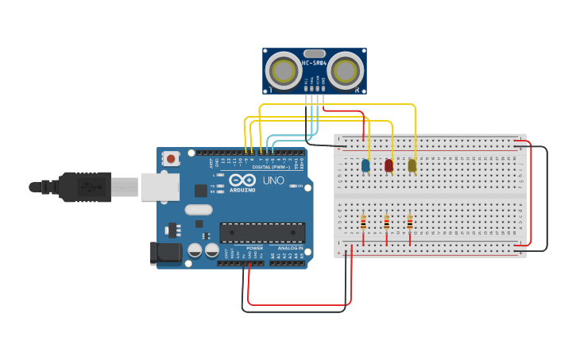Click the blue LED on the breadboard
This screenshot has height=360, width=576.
pos(365,165)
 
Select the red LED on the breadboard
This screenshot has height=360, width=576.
pos(389,165)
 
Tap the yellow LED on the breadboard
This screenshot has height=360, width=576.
pos(412,165)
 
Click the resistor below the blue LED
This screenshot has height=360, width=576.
pos(363,223)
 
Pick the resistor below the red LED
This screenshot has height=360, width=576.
pos(386,223)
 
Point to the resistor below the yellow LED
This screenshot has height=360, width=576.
pos(409,223)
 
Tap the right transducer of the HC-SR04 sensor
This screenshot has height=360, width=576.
pos(345,72)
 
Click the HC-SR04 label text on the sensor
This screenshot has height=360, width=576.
pos(314,63)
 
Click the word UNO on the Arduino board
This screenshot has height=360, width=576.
pos(273,181)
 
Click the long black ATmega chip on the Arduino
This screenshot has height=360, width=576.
pos(262,232)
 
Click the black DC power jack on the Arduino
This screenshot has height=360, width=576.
pos(164,254)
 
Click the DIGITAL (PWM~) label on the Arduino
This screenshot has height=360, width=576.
pos(273,168)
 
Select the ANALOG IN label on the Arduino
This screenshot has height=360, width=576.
pos(289,248)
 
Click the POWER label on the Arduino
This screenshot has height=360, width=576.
pos(254,248)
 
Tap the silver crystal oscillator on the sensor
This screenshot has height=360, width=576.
pos(314,52)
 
